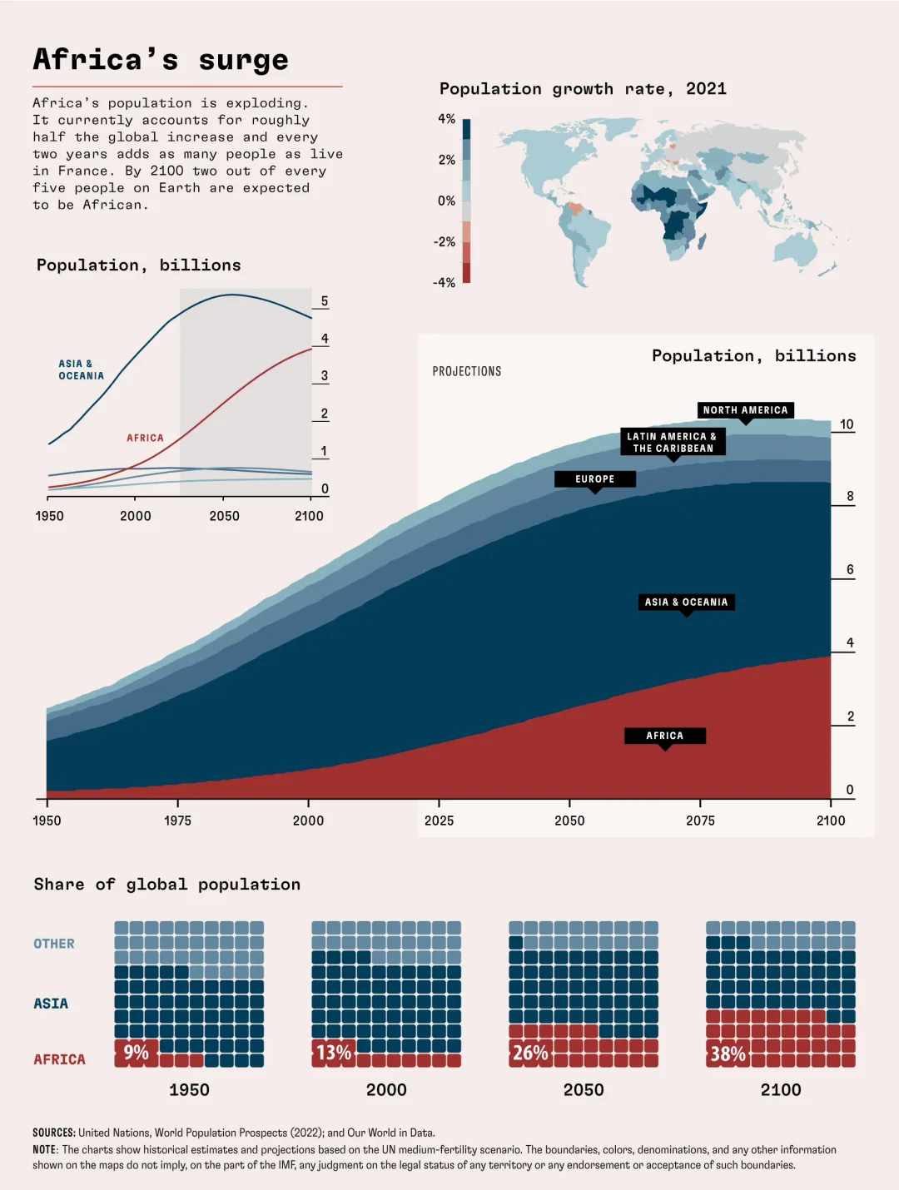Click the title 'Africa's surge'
pyautogui.click(x=161, y=60)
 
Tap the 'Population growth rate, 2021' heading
pyautogui.click(x=583, y=89)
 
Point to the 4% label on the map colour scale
pyautogui.click(x=447, y=119)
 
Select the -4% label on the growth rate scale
pyautogui.click(x=445, y=283)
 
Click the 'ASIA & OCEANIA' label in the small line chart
pyautogui.click(x=82, y=369)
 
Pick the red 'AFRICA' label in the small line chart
pyautogui.click(x=145, y=438)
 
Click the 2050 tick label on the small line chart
pyautogui.click(x=225, y=516)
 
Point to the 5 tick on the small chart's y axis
pyautogui.click(x=325, y=301)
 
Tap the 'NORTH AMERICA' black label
pyautogui.click(x=745, y=410)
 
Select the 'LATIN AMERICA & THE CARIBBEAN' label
pyautogui.click(x=673, y=442)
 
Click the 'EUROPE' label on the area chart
pyautogui.click(x=594, y=479)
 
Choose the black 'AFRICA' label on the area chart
pyautogui.click(x=664, y=736)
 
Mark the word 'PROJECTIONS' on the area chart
pyautogui.click(x=467, y=371)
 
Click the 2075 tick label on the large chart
pyautogui.click(x=700, y=821)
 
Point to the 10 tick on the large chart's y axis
pyautogui.click(x=847, y=424)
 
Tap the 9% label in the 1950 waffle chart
pyautogui.click(x=136, y=1053)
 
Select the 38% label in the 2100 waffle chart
pyautogui.click(x=728, y=1054)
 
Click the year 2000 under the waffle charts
pyautogui.click(x=386, y=1090)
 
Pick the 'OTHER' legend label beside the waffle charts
pyautogui.click(x=54, y=944)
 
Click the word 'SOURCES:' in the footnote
pyautogui.click(x=54, y=1133)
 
